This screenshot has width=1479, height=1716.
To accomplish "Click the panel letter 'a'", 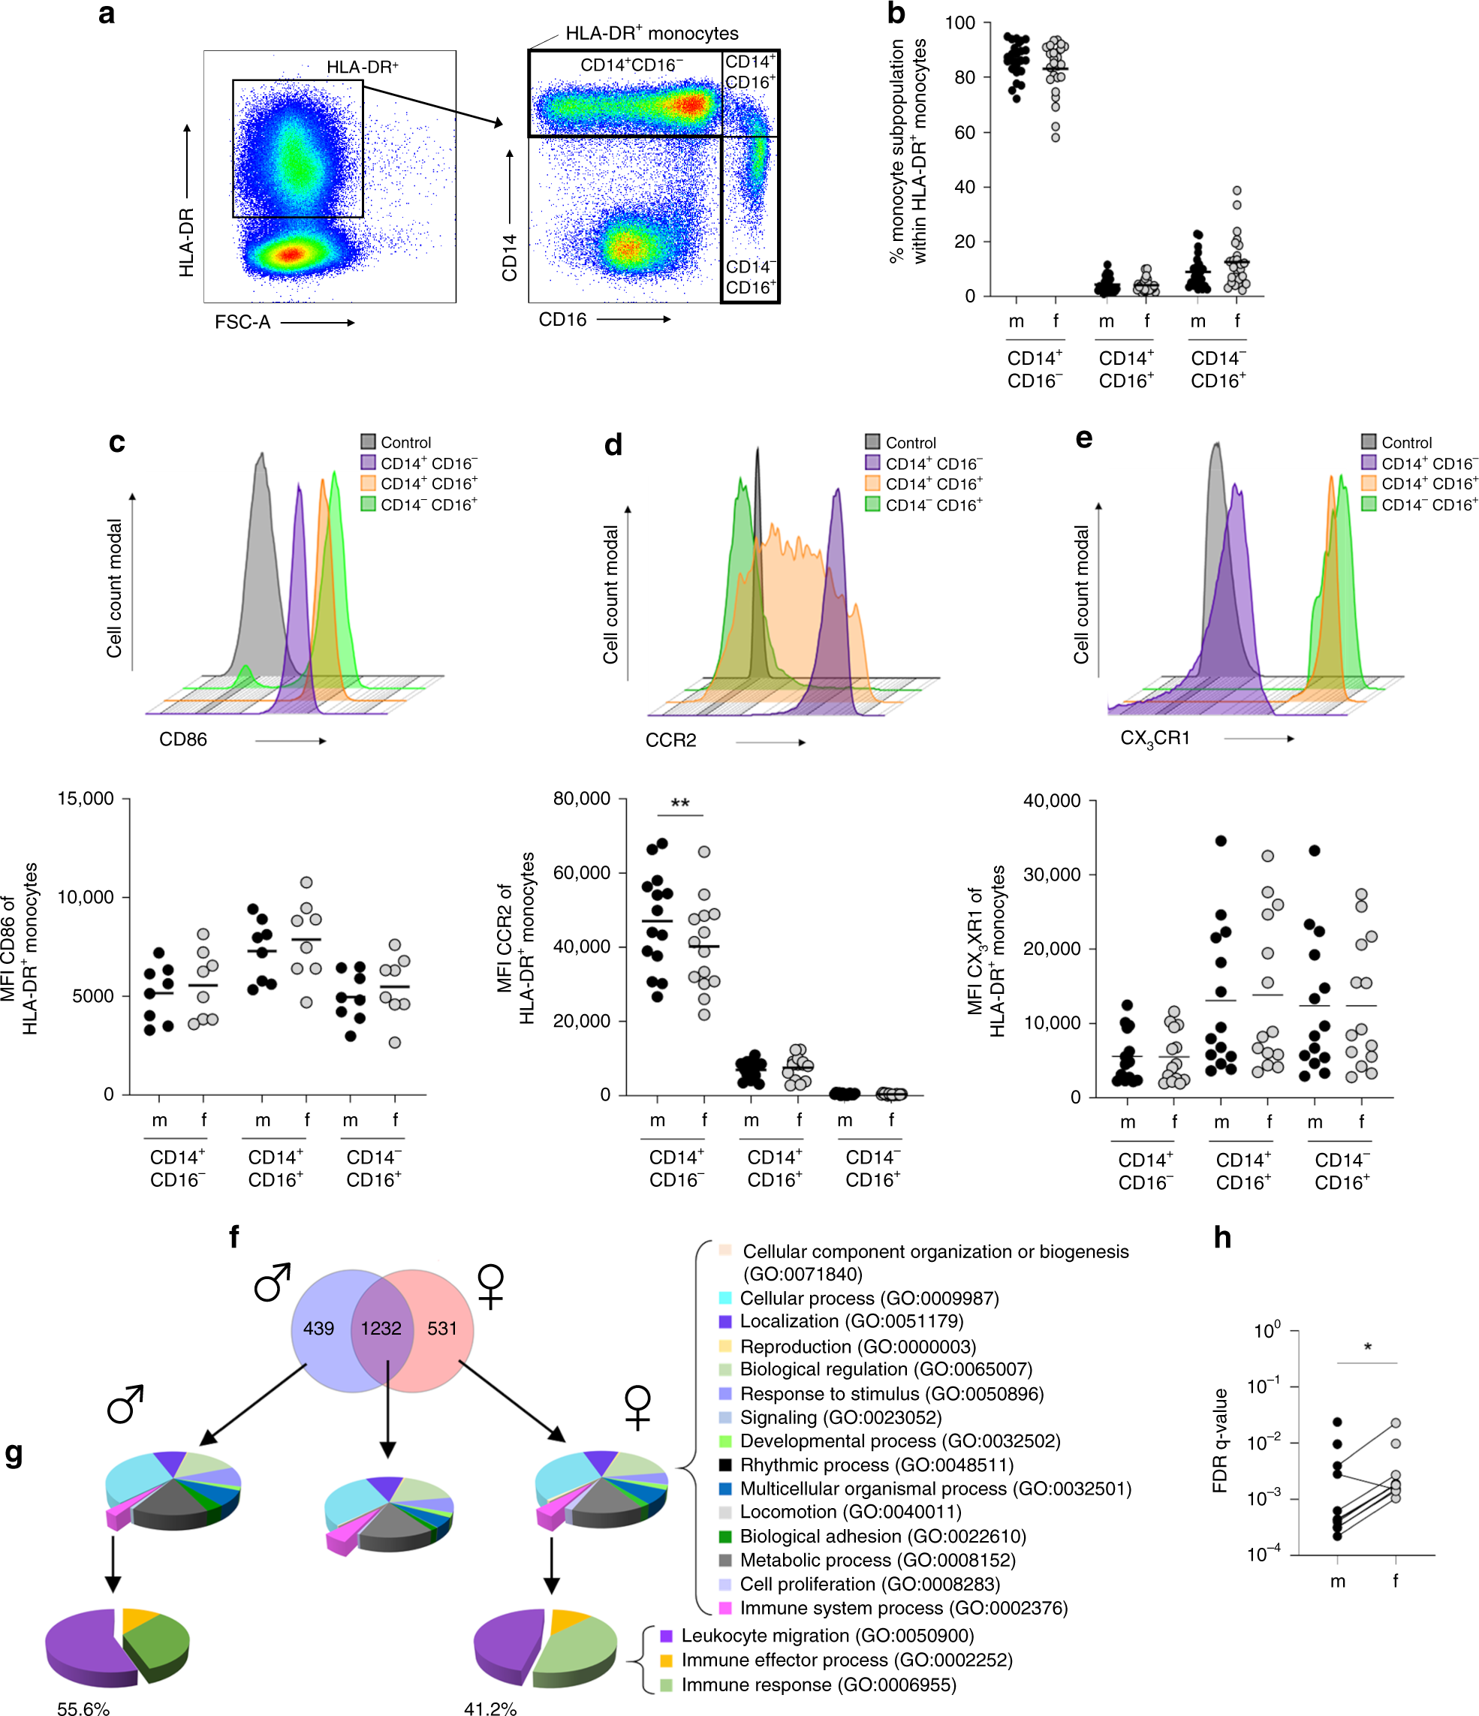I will (x=106, y=14).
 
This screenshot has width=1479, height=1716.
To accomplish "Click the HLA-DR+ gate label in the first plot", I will (x=362, y=67).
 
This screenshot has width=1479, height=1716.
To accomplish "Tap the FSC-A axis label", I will (x=242, y=322).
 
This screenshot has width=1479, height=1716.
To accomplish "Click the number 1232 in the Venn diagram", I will (x=381, y=1329).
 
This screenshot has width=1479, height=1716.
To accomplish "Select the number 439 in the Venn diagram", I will (x=318, y=1329).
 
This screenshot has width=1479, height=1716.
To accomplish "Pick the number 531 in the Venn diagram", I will (x=442, y=1329).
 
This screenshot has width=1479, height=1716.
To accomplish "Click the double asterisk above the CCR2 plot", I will (x=680, y=804).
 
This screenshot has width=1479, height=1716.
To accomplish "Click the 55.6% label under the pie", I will (x=83, y=1708).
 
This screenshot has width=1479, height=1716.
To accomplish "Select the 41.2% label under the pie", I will (x=490, y=1708).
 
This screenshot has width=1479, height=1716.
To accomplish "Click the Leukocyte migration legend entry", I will (x=827, y=1636).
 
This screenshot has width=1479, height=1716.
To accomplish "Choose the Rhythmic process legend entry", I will (x=876, y=1465).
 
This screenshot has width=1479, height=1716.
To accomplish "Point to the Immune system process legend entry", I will (x=902, y=1607).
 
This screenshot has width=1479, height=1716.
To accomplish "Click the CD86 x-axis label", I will (x=183, y=739).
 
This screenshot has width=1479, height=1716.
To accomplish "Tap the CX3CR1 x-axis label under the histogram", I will (x=1155, y=739).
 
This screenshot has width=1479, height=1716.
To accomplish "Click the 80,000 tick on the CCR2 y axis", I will (x=581, y=799).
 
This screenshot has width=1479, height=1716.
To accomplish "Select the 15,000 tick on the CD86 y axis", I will (x=86, y=799).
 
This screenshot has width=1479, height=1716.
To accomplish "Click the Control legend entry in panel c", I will (x=405, y=442).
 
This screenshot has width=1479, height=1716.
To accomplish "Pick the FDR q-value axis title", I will (x=1219, y=1441).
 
